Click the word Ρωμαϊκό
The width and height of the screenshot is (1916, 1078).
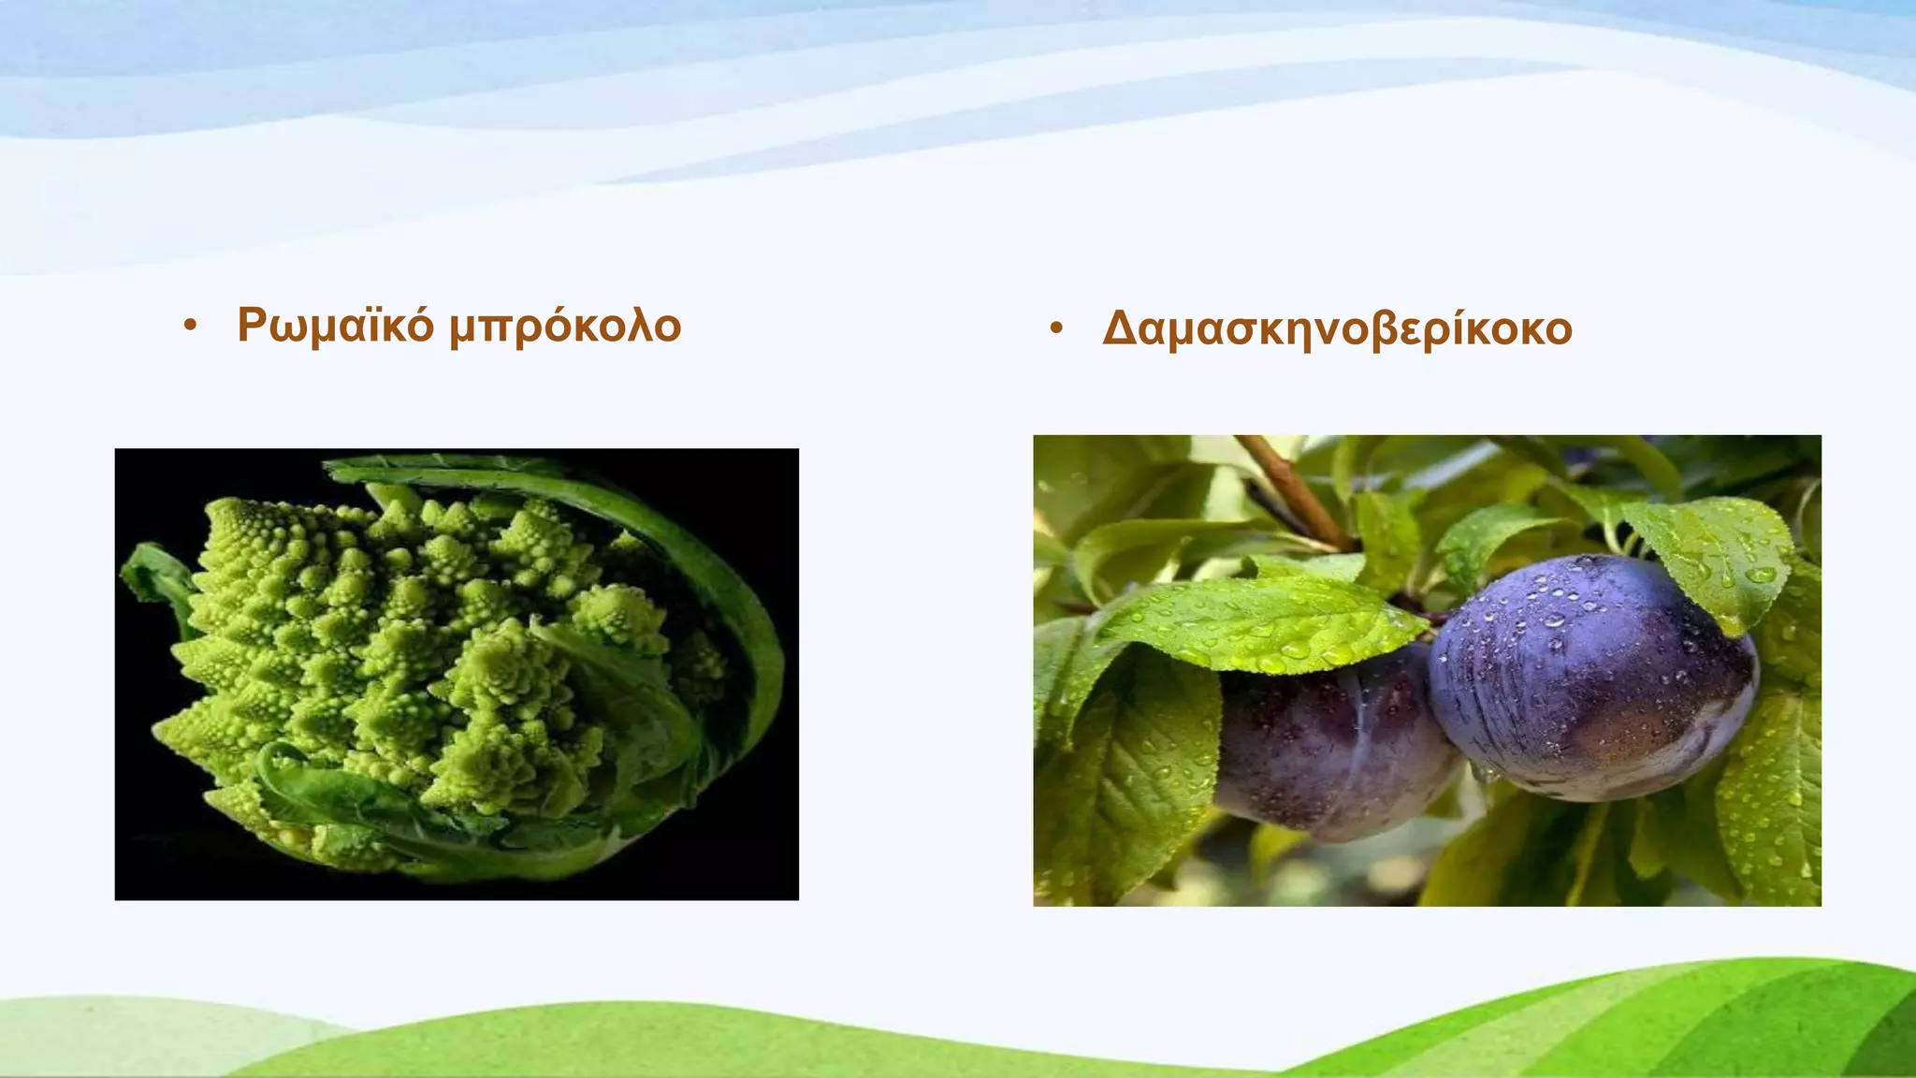pyautogui.click(x=335, y=326)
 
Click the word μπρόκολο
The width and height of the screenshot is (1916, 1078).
pyautogui.click(x=565, y=328)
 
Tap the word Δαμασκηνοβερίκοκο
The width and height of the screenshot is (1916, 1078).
pyautogui.click(x=1337, y=329)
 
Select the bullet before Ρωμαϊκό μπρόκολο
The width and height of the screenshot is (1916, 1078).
pyautogui.click(x=191, y=327)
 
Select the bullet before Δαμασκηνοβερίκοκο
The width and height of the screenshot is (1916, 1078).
pyautogui.click(x=1056, y=329)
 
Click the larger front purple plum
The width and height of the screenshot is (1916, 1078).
pyautogui.click(x=1590, y=683)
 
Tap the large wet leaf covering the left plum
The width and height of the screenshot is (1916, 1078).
pyautogui.click(x=1254, y=622)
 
